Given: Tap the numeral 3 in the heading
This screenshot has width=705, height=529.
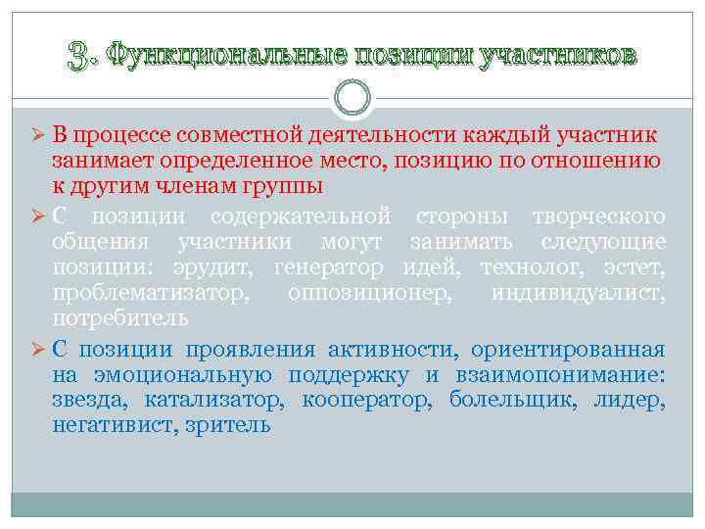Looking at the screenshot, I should point(77,55).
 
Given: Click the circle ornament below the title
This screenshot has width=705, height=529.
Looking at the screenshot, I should point(352,96).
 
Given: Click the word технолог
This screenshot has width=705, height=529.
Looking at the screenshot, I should point(528,267).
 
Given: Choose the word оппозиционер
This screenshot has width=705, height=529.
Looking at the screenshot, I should point(370,293).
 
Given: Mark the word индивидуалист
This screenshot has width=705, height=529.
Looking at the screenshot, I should point(579,293).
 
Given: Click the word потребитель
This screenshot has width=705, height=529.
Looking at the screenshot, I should point(120,318).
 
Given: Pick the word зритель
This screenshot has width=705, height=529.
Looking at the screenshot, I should point(227,426).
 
